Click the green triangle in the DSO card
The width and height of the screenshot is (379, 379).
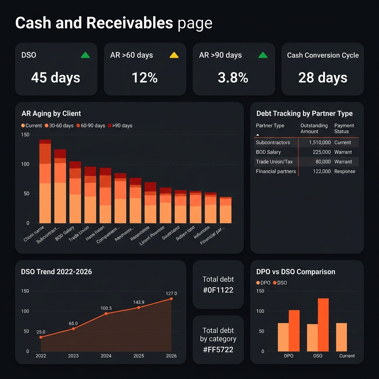point(85,56)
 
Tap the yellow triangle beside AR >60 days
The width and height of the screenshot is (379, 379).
point(174,56)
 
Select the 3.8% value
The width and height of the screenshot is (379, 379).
point(233,78)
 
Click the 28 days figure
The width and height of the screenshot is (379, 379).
point(323,78)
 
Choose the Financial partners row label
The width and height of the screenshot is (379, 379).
point(276,171)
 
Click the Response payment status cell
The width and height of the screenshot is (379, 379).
point(345,171)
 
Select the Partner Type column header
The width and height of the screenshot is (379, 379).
point(270,126)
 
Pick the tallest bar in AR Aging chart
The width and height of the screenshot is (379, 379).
point(45,181)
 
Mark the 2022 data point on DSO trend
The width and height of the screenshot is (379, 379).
point(41,337)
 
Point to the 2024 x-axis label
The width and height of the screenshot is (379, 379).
point(106,356)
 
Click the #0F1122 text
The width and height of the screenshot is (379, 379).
point(218,290)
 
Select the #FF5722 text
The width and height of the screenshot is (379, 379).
point(218,349)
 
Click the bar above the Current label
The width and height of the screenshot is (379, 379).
point(342,337)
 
